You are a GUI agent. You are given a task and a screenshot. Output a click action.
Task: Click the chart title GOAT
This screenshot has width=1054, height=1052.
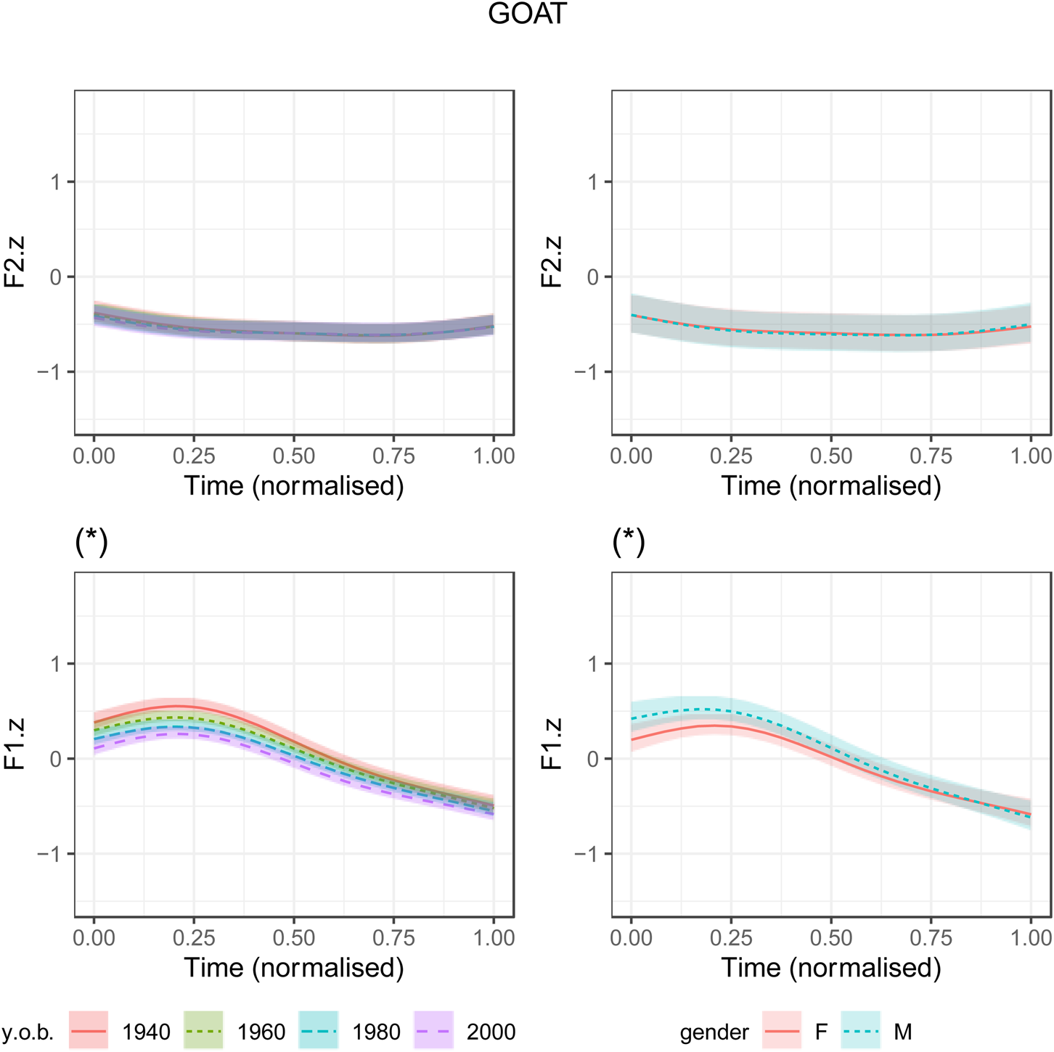pos(527,14)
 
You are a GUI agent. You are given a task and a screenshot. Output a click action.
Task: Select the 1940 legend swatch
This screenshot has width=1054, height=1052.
pos(89,1030)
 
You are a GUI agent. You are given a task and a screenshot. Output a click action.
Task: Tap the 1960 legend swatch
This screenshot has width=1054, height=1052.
pos(204,1030)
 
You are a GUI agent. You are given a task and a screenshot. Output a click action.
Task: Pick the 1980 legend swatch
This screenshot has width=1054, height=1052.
pos(317,1030)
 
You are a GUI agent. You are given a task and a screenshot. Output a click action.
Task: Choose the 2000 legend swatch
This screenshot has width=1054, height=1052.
pos(433,1030)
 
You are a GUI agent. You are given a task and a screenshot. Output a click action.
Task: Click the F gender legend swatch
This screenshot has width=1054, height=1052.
pos(782,1030)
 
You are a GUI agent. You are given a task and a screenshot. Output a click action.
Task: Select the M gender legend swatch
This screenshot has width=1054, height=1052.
pos(861,1030)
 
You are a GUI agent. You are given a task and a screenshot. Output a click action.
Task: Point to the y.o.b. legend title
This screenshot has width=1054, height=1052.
pos(28,1032)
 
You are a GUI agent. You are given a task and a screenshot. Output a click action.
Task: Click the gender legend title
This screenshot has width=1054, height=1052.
pos(714,1032)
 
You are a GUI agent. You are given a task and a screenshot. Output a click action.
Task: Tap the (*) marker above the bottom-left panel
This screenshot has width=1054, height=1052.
pos(91,542)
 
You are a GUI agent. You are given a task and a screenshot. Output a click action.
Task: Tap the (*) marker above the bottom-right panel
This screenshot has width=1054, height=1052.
pos(629,542)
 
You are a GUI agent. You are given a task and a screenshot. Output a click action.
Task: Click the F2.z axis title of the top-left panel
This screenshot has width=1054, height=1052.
pos(15,262)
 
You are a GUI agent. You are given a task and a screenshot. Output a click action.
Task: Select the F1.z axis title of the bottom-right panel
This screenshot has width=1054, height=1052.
pos(552,744)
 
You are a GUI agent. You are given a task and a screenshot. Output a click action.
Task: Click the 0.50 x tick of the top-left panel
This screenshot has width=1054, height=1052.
pos(294,456)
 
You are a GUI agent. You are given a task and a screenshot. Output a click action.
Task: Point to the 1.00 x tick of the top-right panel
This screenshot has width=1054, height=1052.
pos(1031,456)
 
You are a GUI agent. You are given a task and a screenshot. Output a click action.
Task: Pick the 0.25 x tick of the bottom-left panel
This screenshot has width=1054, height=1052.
pos(194,937)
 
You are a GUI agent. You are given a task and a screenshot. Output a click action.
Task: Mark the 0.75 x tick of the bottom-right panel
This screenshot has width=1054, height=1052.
pos(931,937)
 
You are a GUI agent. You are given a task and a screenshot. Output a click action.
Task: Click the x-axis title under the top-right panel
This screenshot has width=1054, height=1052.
pos(831,485)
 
